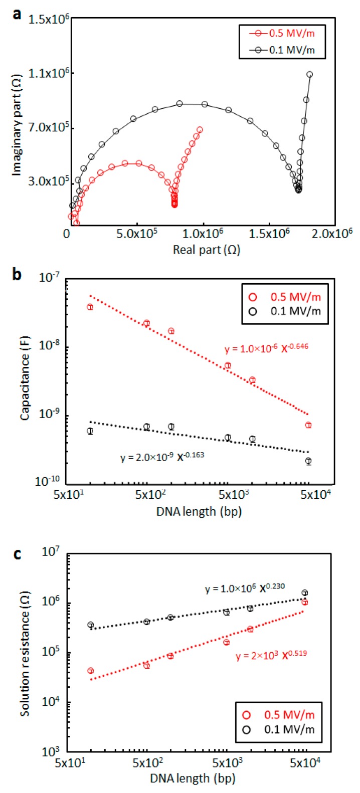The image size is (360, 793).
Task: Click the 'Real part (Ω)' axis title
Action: [206, 250]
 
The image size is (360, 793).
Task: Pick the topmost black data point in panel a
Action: [309, 74]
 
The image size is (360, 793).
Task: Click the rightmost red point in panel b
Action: [308, 425]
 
